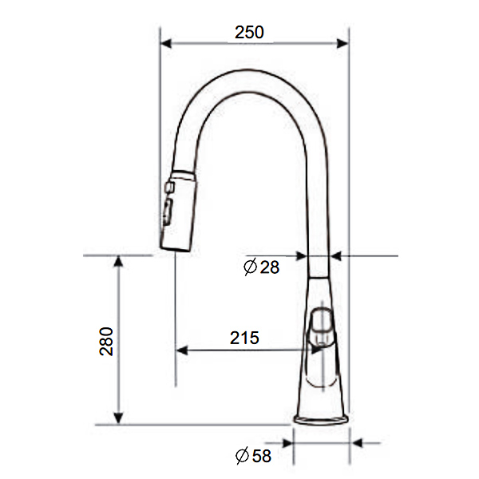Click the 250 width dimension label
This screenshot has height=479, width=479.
coord(249,32)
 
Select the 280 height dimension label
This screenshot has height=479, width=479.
coord(106,341)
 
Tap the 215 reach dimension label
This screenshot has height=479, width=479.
coord(244,338)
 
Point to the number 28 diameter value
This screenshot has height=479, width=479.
coord(270,267)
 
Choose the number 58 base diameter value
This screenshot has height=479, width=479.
coord(262,456)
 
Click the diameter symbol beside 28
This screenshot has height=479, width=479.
coord(250,267)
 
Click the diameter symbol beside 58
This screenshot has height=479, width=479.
coord(242,456)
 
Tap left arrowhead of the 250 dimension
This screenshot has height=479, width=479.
coord(165,43)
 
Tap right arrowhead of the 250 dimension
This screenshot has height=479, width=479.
coord(342,43)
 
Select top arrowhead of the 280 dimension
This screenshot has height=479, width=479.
coord(118,262)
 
